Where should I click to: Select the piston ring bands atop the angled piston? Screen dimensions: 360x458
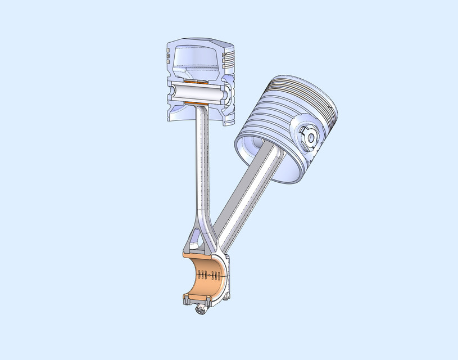click(x=301, y=90)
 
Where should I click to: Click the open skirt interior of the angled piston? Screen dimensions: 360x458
click(x=253, y=147)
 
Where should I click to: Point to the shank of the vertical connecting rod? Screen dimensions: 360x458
click(x=203, y=163)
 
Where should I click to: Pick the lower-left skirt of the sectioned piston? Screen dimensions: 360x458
click(x=175, y=112)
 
